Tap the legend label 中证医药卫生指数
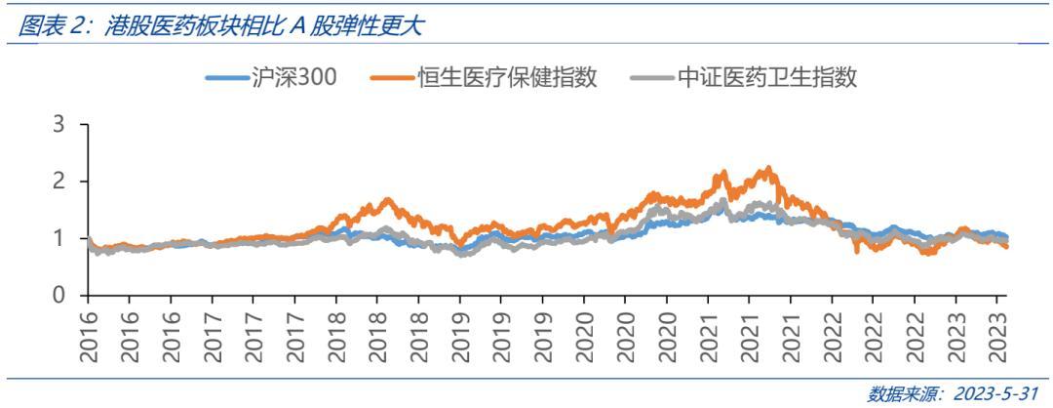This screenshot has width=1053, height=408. point(767,78)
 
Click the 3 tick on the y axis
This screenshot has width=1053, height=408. point(59,125)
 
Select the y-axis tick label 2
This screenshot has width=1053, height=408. point(59,182)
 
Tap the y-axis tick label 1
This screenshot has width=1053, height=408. point(59,238)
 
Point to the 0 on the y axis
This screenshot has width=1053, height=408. point(59,295)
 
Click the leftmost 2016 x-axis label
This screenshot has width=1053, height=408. point(90,336)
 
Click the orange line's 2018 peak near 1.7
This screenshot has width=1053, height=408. point(387,199)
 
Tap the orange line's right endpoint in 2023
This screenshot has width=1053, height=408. point(1007,247)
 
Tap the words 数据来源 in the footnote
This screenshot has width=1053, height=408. point(901,394)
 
